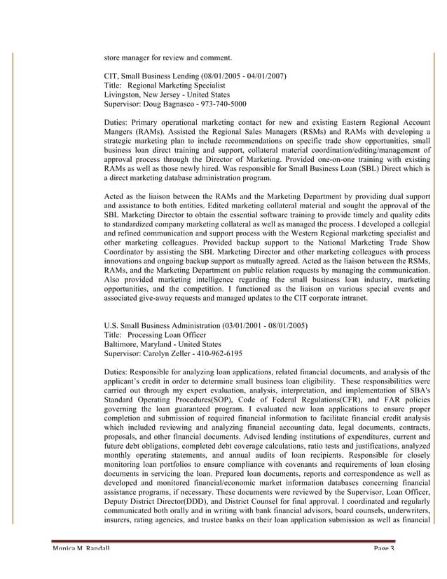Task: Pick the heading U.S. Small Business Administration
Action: (x=161, y=325)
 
